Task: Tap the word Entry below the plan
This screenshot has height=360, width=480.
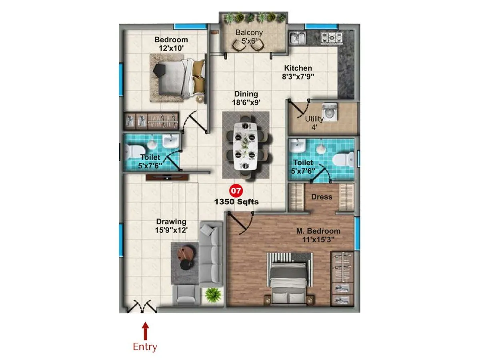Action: click(145, 346)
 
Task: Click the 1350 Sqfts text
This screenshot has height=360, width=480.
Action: click(236, 202)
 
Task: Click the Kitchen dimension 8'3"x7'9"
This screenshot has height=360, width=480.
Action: click(298, 77)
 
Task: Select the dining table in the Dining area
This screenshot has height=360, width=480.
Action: click(246, 146)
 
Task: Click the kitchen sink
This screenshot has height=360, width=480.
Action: click(298, 38)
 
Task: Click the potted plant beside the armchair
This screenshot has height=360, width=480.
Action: click(213, 295)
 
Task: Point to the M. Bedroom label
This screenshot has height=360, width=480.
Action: click(318, 231)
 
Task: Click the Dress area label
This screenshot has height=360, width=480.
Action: click(322, 197)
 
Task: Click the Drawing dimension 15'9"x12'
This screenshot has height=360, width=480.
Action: click(171, 230)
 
